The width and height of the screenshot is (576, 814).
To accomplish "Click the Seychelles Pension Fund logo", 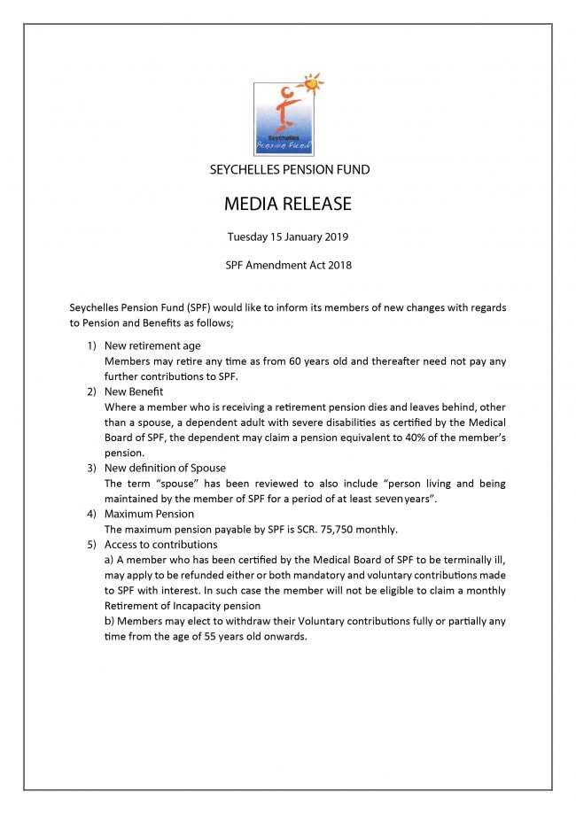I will coord(284,119).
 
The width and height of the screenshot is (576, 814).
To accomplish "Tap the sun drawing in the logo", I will coord(311,84).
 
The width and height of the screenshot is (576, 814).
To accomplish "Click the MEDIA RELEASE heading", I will coord(288,205).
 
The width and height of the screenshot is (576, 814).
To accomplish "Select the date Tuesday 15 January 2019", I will coord(288,236).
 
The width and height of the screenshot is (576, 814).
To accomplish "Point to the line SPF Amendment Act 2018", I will coord(288,265).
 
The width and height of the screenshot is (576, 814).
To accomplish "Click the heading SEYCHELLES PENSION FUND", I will coord(289,169).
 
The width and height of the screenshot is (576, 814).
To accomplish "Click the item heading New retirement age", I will coord(152,345).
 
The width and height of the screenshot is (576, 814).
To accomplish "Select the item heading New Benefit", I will coord(134,391).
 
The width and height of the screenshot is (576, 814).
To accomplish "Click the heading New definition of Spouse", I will coord(165,468).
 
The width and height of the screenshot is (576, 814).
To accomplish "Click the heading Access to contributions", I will coord(160,544).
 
